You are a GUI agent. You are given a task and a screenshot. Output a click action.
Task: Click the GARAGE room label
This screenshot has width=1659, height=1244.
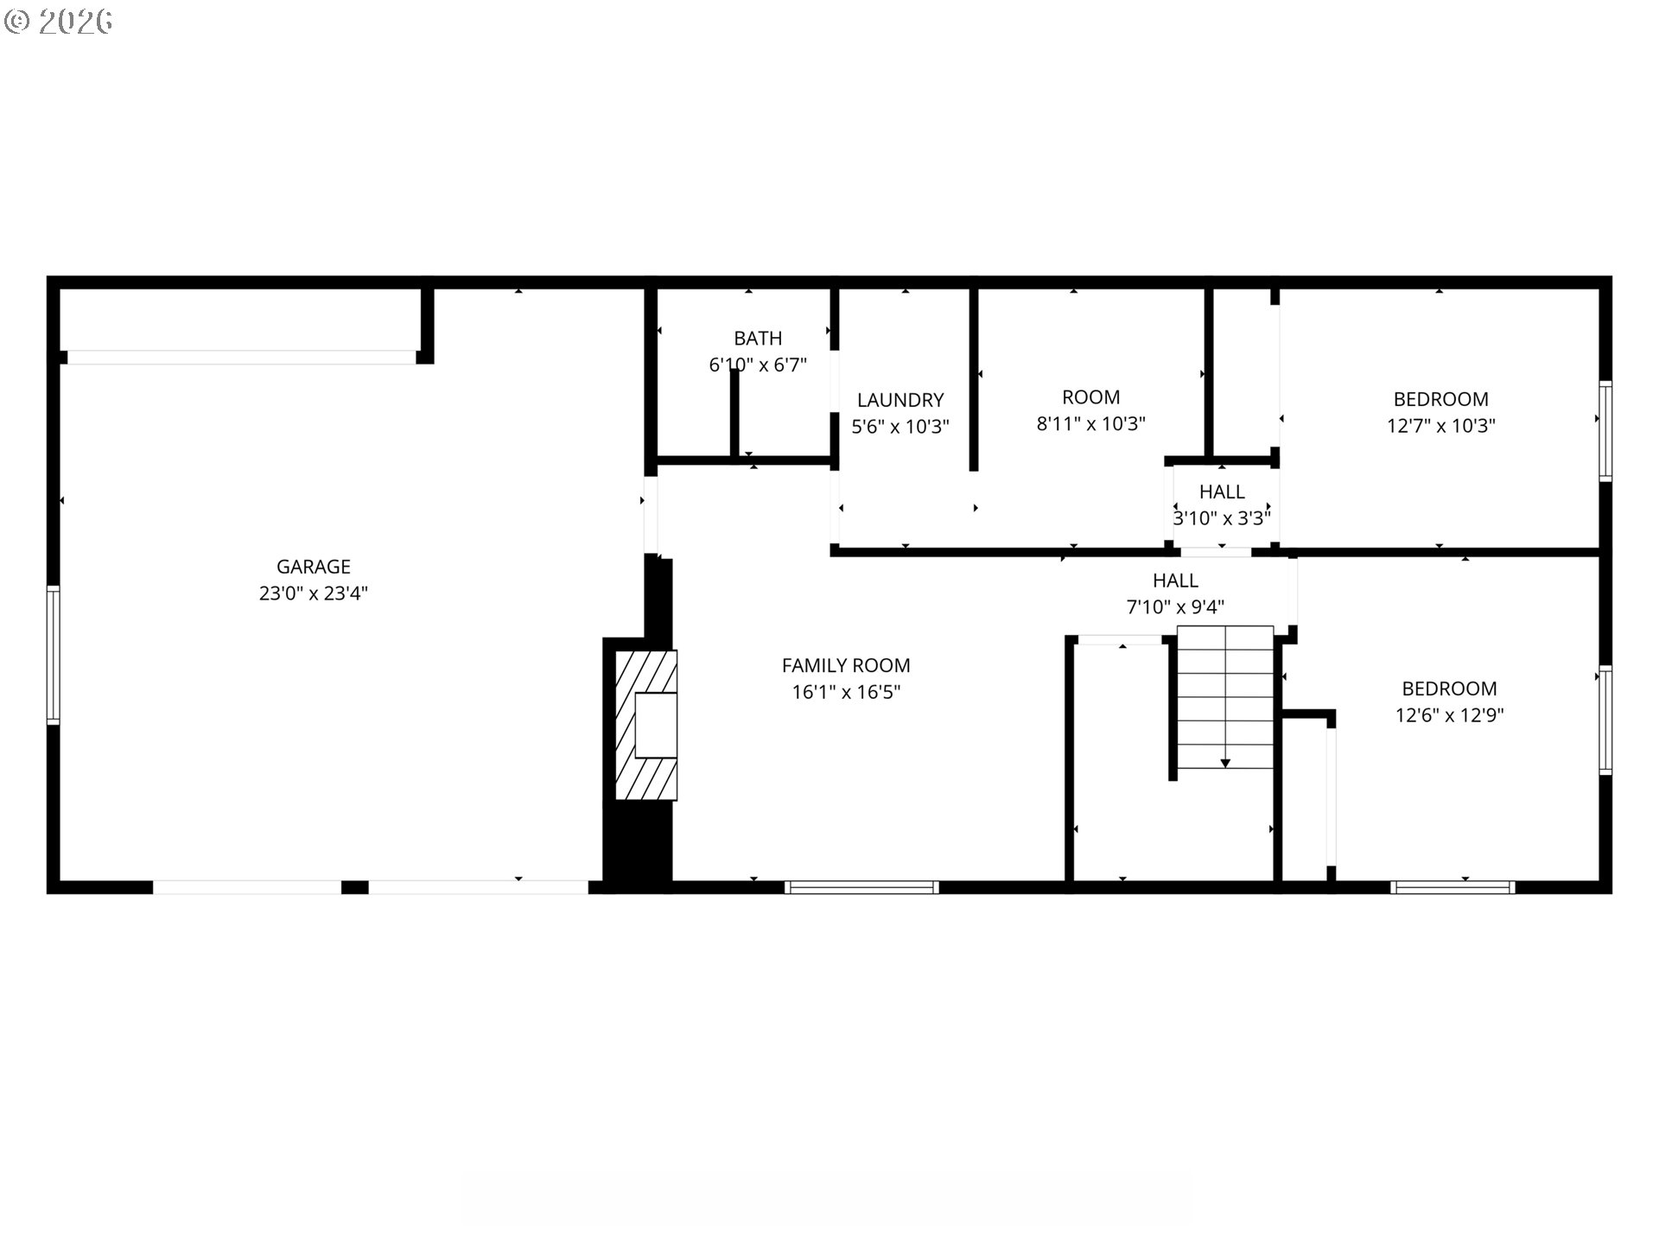[313, 567]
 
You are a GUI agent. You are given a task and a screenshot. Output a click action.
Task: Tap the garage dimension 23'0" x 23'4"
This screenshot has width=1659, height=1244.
[313, 593]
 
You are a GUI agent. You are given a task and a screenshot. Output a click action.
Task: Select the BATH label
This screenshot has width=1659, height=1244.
[758, 339]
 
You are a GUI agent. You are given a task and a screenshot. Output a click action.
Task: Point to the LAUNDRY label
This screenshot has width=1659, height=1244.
[900, 400]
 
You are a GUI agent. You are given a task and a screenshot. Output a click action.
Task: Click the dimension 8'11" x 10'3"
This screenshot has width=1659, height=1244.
[1090, 424]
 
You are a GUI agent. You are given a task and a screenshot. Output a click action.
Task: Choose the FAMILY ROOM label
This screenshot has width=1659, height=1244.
[846, 665]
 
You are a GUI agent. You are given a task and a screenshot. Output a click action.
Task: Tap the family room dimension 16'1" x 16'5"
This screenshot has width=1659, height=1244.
[846, 692]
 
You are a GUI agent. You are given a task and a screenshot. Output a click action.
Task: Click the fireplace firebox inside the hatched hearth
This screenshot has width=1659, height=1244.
[656, 726]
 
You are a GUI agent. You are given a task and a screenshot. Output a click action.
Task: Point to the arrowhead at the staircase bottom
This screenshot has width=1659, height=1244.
[1225, 764]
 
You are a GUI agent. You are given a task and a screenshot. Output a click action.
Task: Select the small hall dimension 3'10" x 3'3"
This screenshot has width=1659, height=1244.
[1222, 518]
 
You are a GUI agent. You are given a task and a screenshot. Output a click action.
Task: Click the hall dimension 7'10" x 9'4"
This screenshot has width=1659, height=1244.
[1175, 607]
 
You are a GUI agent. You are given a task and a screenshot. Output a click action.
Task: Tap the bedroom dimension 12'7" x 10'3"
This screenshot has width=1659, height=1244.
[1440, 426]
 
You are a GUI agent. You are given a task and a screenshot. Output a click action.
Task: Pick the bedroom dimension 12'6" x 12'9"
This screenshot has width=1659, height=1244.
[1449, 715]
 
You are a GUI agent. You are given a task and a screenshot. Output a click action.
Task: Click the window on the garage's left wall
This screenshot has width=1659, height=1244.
[54, 654]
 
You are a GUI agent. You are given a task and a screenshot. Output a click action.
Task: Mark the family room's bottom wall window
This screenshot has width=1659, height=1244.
[861, 887]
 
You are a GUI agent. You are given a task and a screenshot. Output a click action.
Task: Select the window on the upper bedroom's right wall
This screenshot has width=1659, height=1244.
[1605, 431]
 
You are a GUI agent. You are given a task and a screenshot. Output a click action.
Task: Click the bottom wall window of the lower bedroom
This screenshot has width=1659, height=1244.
[1452, 887]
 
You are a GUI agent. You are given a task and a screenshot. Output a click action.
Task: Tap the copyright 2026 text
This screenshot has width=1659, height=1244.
[59, 22]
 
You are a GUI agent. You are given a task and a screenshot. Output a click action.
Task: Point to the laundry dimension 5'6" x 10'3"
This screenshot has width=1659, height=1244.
[900, 427]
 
